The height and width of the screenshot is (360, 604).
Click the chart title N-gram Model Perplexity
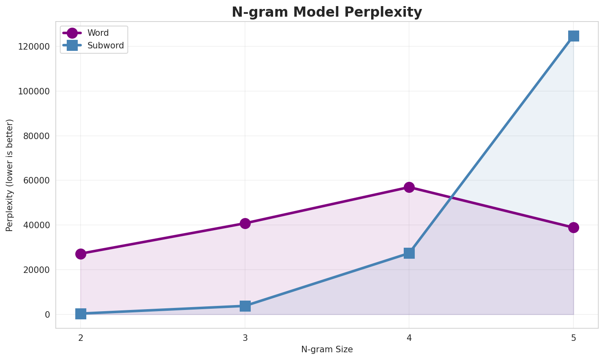[327, 12]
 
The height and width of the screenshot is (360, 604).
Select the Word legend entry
[98, 33]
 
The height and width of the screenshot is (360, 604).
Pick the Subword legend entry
[105, 46]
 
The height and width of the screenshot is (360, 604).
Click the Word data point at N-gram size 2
[81, 254]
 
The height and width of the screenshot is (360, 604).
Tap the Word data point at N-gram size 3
[245, 223]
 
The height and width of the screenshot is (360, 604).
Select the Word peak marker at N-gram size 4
[409, 187]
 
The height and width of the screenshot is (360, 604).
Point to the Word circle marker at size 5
[573, 227]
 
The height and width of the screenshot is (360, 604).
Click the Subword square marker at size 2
[81, 314]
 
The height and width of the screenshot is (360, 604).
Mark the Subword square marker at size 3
[245, 306]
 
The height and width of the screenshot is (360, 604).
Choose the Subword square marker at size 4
[409, 253]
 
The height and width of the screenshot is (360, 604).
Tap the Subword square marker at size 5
[573, 36]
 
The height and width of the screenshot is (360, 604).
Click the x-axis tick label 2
[81, 338]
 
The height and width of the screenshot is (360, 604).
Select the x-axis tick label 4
[409, 338]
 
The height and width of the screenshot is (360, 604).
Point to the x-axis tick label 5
[573, 338]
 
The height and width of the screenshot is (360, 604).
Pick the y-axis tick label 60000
[36, 181]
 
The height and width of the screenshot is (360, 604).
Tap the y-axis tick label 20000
[36, 270]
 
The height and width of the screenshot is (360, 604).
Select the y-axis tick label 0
[47, 315]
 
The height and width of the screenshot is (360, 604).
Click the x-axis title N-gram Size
[327, 349]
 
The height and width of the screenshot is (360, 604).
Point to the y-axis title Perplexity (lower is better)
[10, 175]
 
